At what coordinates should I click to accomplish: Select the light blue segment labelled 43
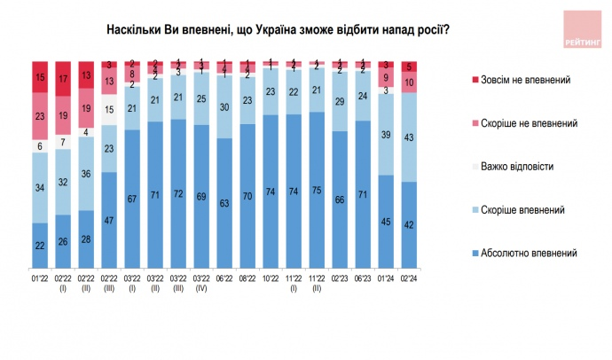pos(408,137)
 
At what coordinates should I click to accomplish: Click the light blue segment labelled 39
pos(384,134)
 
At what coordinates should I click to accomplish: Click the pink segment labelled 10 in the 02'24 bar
pos(408,82)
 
